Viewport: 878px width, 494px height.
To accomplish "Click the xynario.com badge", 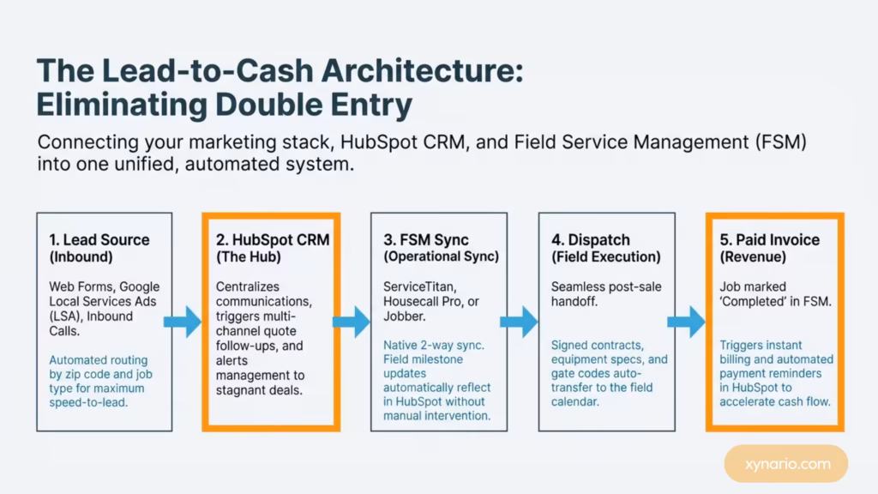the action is click(785, 464).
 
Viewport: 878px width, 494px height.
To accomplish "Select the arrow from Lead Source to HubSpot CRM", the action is click(183, 322).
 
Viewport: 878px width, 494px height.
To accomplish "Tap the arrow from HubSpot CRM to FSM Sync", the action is click(351, 322).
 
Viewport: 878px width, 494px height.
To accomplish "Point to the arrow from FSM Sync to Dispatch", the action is click(519, 322).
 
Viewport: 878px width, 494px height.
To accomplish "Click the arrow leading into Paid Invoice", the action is click(686, 322).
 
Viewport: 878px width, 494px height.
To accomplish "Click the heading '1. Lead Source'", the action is click(99, 240).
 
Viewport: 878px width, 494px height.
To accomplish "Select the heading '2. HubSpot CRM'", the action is click(273, 240).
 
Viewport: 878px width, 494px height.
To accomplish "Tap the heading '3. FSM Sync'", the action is click(425, 240).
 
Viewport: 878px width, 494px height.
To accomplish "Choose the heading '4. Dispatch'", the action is click(591, 240).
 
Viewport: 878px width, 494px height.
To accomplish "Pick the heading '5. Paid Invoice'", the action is click(769, 240).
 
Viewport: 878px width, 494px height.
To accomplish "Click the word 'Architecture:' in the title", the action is click(422, 70).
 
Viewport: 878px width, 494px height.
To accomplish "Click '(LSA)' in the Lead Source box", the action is click(64, 316).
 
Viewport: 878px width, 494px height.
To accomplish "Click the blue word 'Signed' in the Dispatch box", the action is click(569, 346).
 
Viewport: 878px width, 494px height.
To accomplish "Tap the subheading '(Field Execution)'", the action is click(606, 257).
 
